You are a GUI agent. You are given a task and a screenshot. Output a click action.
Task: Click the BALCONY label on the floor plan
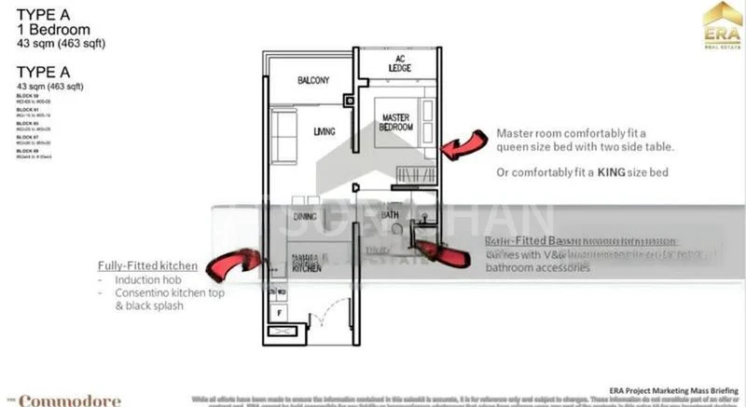tap(313, 81)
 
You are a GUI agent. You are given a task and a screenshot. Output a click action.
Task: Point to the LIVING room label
tap(325, 131)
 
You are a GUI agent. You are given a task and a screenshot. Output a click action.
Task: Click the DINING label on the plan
tap(305, 216)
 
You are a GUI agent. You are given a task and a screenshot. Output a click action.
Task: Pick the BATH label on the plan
tap(391, 215)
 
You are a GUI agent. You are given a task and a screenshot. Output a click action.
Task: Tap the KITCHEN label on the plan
tap(307, 266)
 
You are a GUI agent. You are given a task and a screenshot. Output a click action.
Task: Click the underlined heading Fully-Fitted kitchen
tap(147, 265)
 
